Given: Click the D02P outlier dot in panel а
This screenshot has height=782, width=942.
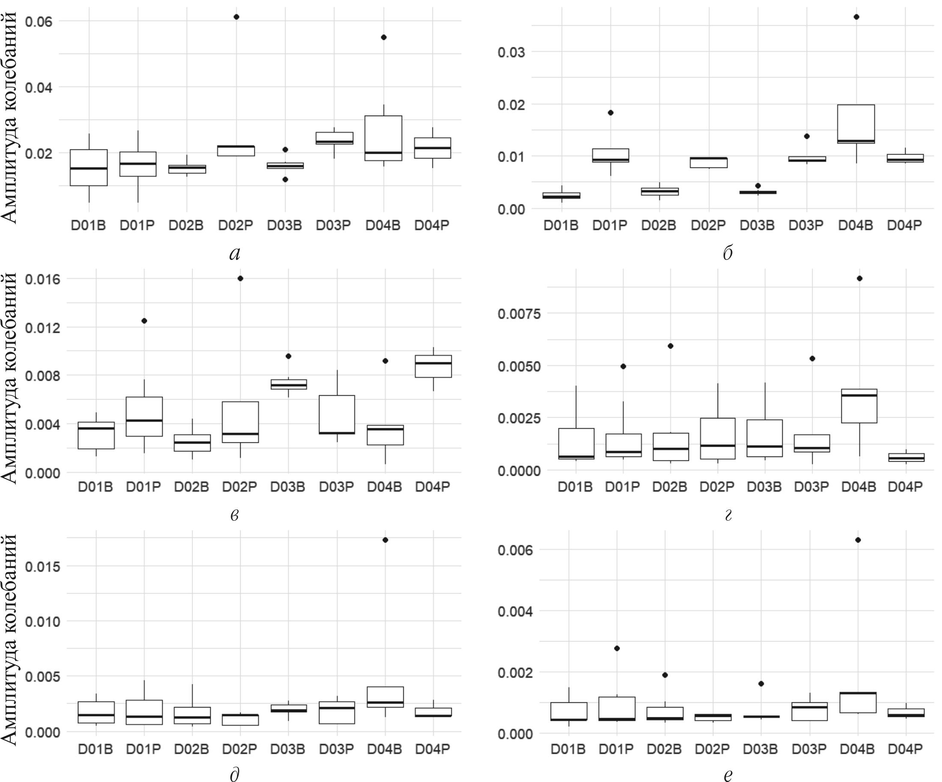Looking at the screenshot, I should pyautogui.click(x=236, y=17).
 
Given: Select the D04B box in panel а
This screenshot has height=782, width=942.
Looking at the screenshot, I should pyautogui.click(x=384, y=138).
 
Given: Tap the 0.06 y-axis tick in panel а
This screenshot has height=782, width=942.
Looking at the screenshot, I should pyautogui.click(x=39, y=21).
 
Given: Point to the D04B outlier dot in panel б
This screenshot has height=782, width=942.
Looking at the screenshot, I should pyautogui.click(x=856, y=17).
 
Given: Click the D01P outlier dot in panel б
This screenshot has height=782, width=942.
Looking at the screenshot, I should pyautogui.click(x=611, y=113).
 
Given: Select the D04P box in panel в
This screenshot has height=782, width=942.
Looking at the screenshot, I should pyautogui.click(x=433, y=366).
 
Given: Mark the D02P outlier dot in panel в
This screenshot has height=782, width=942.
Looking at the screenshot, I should pyautogui.click(x=241, y=278).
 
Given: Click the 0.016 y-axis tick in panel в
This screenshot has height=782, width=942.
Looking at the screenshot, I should pyautogui.click(x=42, y=279).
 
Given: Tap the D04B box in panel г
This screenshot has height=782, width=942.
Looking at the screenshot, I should pyautogui.click(x=859, y=406).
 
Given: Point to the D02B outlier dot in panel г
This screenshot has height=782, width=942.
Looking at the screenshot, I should pyautogui.click(x=671, y=346).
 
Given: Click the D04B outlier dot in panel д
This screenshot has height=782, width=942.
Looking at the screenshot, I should pyautogui.click(x=385, y=540).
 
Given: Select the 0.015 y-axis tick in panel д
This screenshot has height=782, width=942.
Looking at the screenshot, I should pyautogui.click(x=42, y=566).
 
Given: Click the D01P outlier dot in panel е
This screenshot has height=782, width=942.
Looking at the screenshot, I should pyautogui.click(x=617, y=648).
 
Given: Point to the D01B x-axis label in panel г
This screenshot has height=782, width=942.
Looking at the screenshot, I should pyautogui.click(x=575, y=487).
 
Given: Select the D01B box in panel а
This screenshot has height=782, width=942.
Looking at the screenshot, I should pyautogui.click(x=89, y=167).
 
